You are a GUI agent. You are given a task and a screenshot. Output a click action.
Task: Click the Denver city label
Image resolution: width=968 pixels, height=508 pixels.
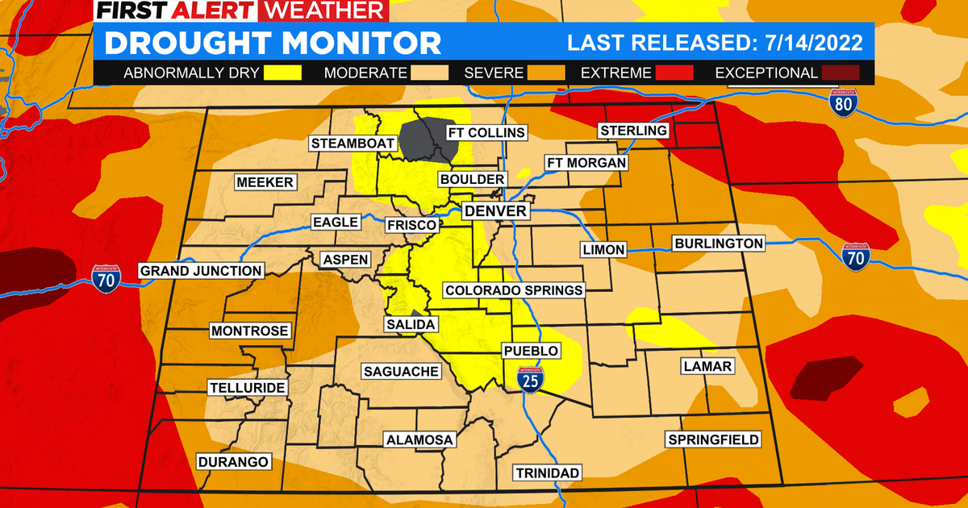click(x=496, y=211)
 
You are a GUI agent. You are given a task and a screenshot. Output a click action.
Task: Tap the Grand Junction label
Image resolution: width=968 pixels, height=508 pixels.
click(x=201, y=271)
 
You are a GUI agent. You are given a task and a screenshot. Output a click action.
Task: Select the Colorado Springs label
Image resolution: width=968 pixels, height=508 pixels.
click(x=514, y=290)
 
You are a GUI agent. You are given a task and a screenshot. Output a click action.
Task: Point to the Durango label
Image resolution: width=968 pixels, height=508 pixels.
click(x=232, y=462)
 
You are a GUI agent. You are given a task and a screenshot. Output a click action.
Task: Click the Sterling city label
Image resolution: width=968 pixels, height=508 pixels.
click(x=633, y=131)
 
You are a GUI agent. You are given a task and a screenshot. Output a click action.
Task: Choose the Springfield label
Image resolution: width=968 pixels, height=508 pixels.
click(x=713, y=439)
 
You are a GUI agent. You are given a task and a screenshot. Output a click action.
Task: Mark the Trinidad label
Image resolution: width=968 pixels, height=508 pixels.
click(x=549, y=473)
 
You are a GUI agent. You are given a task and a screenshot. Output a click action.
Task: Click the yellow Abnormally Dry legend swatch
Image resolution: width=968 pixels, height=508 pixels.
click(x=282, y=73)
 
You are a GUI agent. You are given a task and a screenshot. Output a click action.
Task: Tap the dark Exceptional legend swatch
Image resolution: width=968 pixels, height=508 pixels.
click(x=841, y=73)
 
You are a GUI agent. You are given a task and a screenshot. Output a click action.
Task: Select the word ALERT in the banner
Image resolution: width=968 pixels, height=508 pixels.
click(x=216, y=10)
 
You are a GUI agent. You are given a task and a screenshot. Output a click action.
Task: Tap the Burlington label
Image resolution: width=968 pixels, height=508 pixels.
click(x=719, y=243)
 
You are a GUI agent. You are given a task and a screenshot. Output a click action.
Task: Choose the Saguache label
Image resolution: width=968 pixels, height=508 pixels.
click(x=401, y=372)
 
